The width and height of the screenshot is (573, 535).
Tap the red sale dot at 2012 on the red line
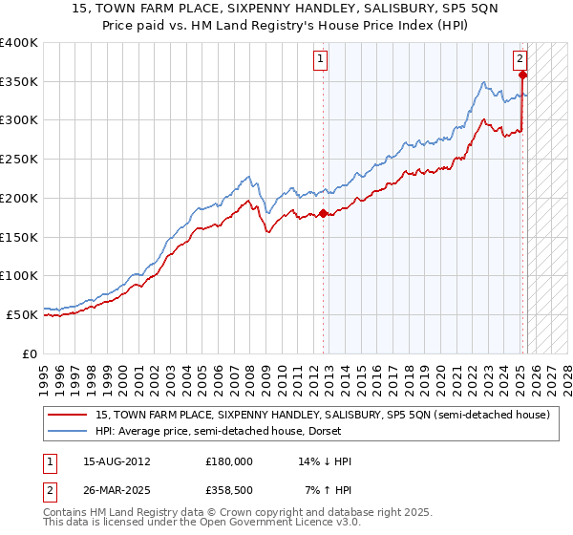323,213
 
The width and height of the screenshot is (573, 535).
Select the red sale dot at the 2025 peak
523,75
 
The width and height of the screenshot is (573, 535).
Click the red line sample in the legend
69,416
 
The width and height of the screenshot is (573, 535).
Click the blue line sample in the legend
69,431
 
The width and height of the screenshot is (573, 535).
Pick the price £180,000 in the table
230,461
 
